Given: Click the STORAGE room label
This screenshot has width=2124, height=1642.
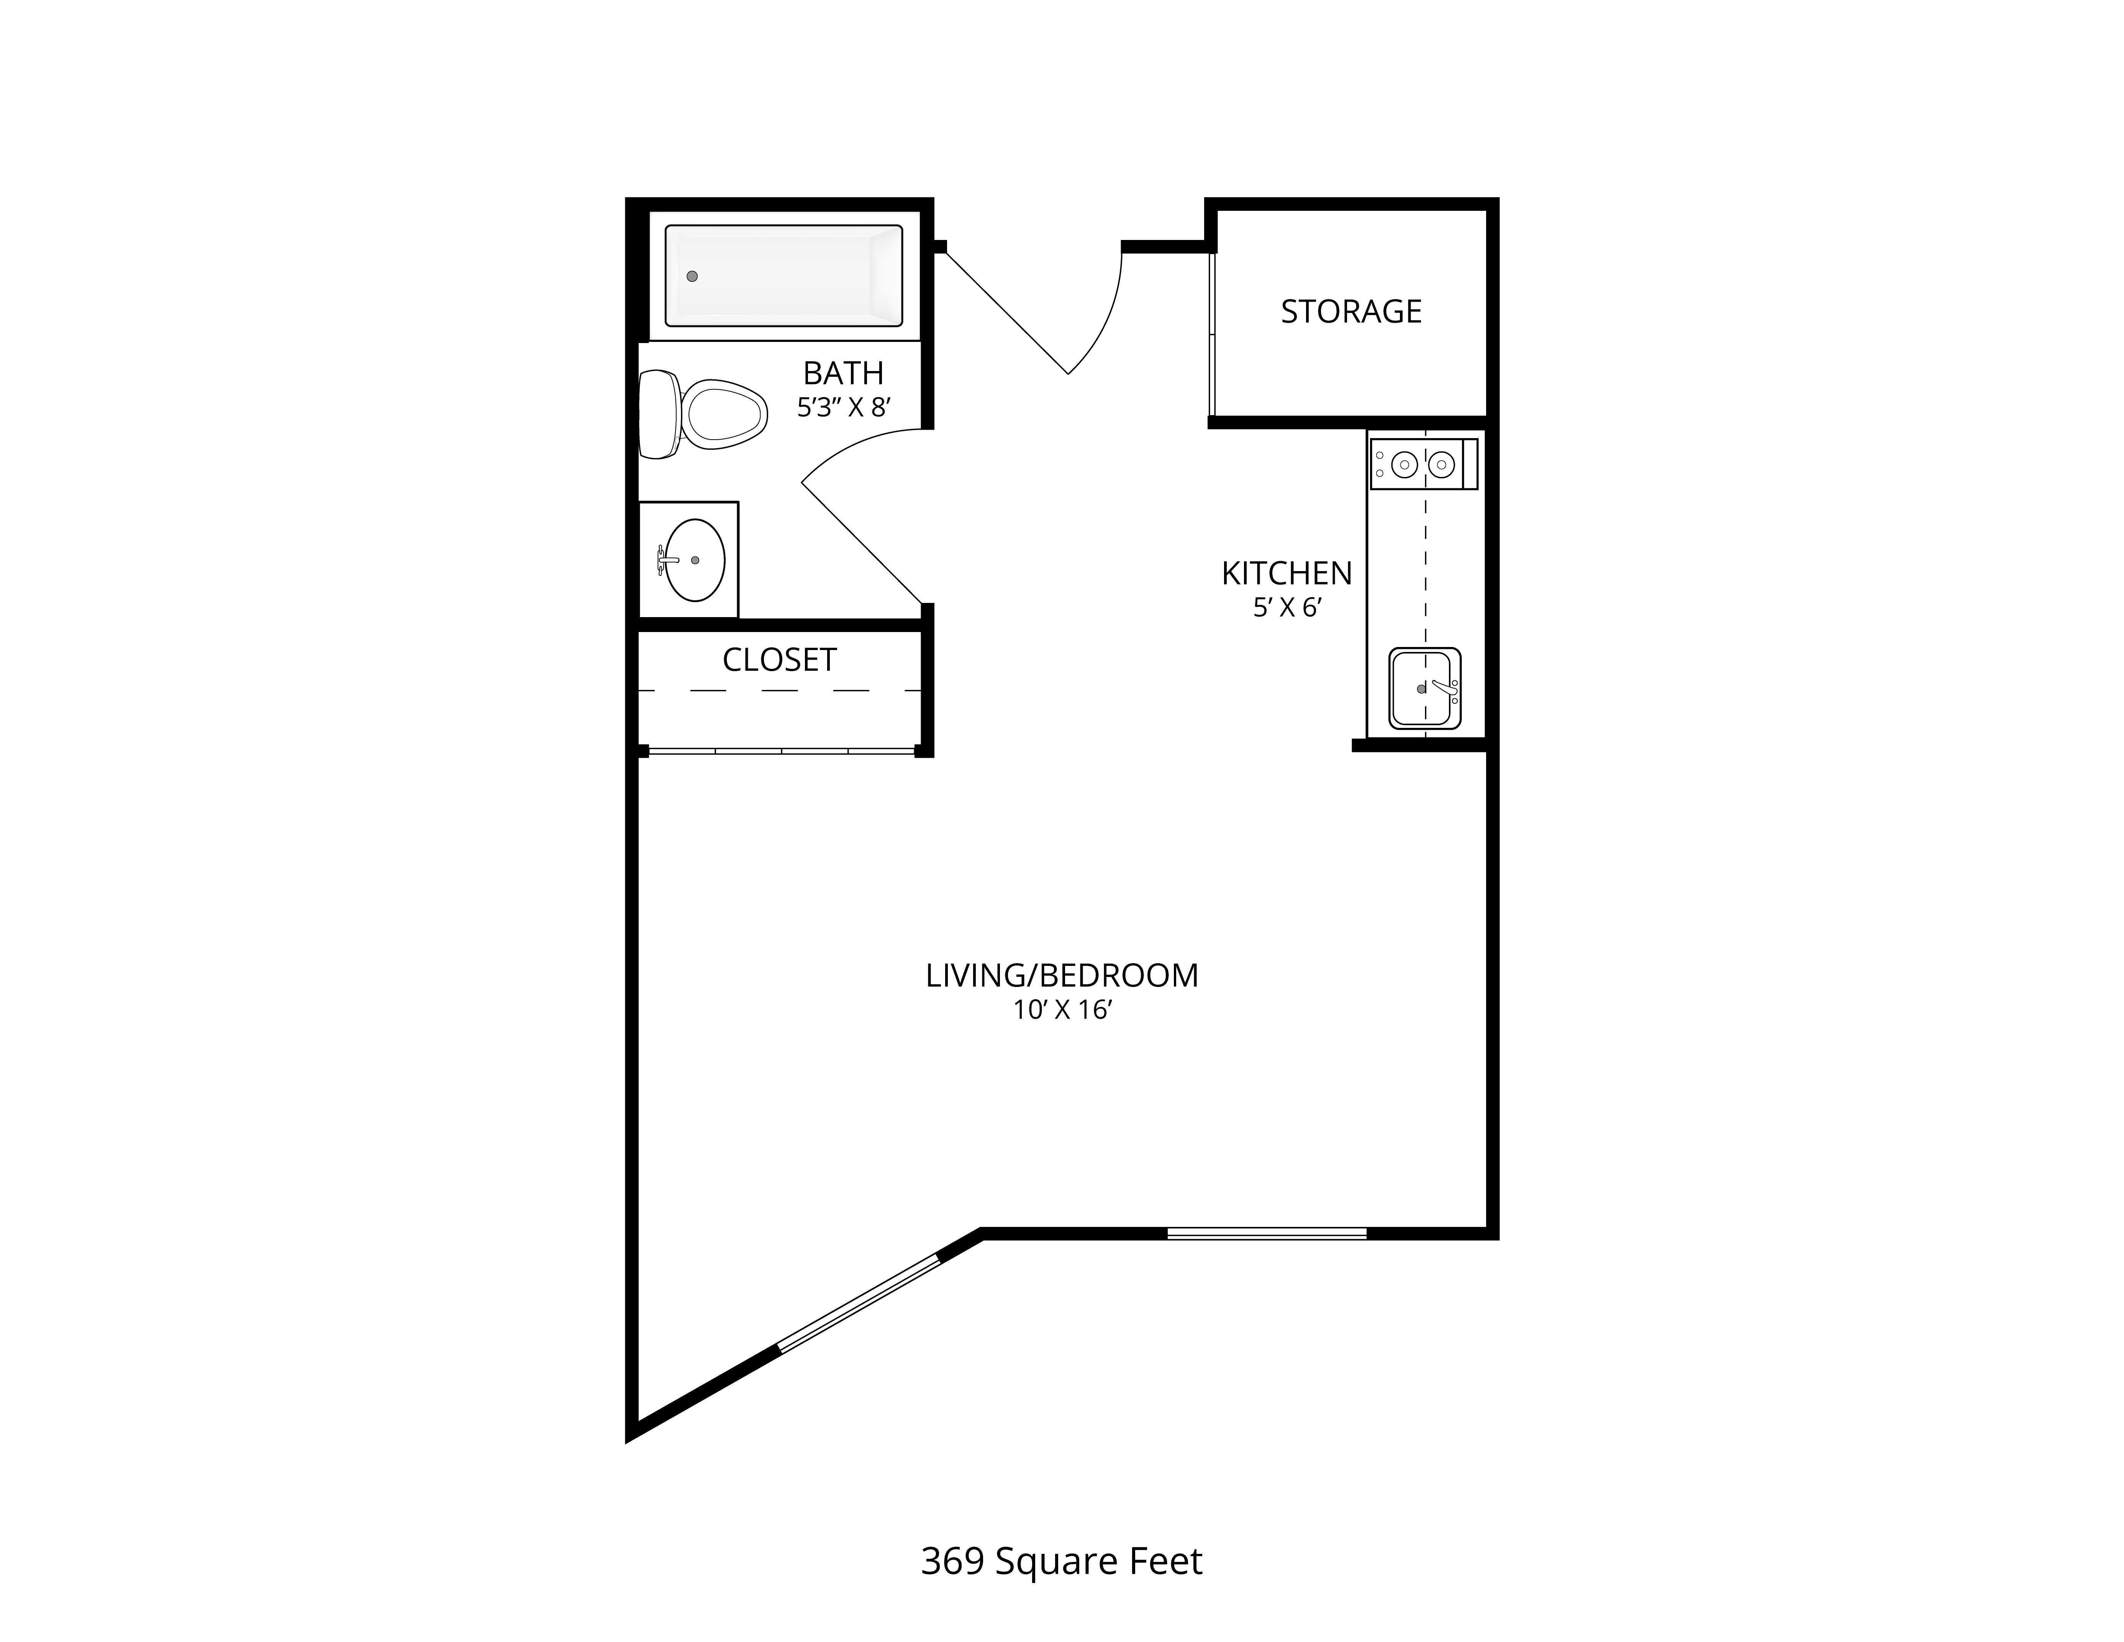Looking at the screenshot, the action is [x=1351, y=311].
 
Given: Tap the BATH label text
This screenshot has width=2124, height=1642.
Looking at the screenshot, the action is [x=843, y=373].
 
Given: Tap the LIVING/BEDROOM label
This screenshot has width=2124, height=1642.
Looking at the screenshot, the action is [x=1062, y=976].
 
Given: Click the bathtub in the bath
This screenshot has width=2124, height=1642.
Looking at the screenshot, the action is [x=784, y=275].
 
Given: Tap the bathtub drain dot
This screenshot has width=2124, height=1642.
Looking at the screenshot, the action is [x=692, y=276].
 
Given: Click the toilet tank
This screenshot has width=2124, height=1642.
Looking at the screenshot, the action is [x=659, y=414].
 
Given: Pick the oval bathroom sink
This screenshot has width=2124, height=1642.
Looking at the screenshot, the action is [x=694, y=560].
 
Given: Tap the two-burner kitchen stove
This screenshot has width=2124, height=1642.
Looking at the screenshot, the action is [x=1424, y=464].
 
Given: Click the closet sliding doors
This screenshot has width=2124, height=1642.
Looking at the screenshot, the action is [x=781, y=750].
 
